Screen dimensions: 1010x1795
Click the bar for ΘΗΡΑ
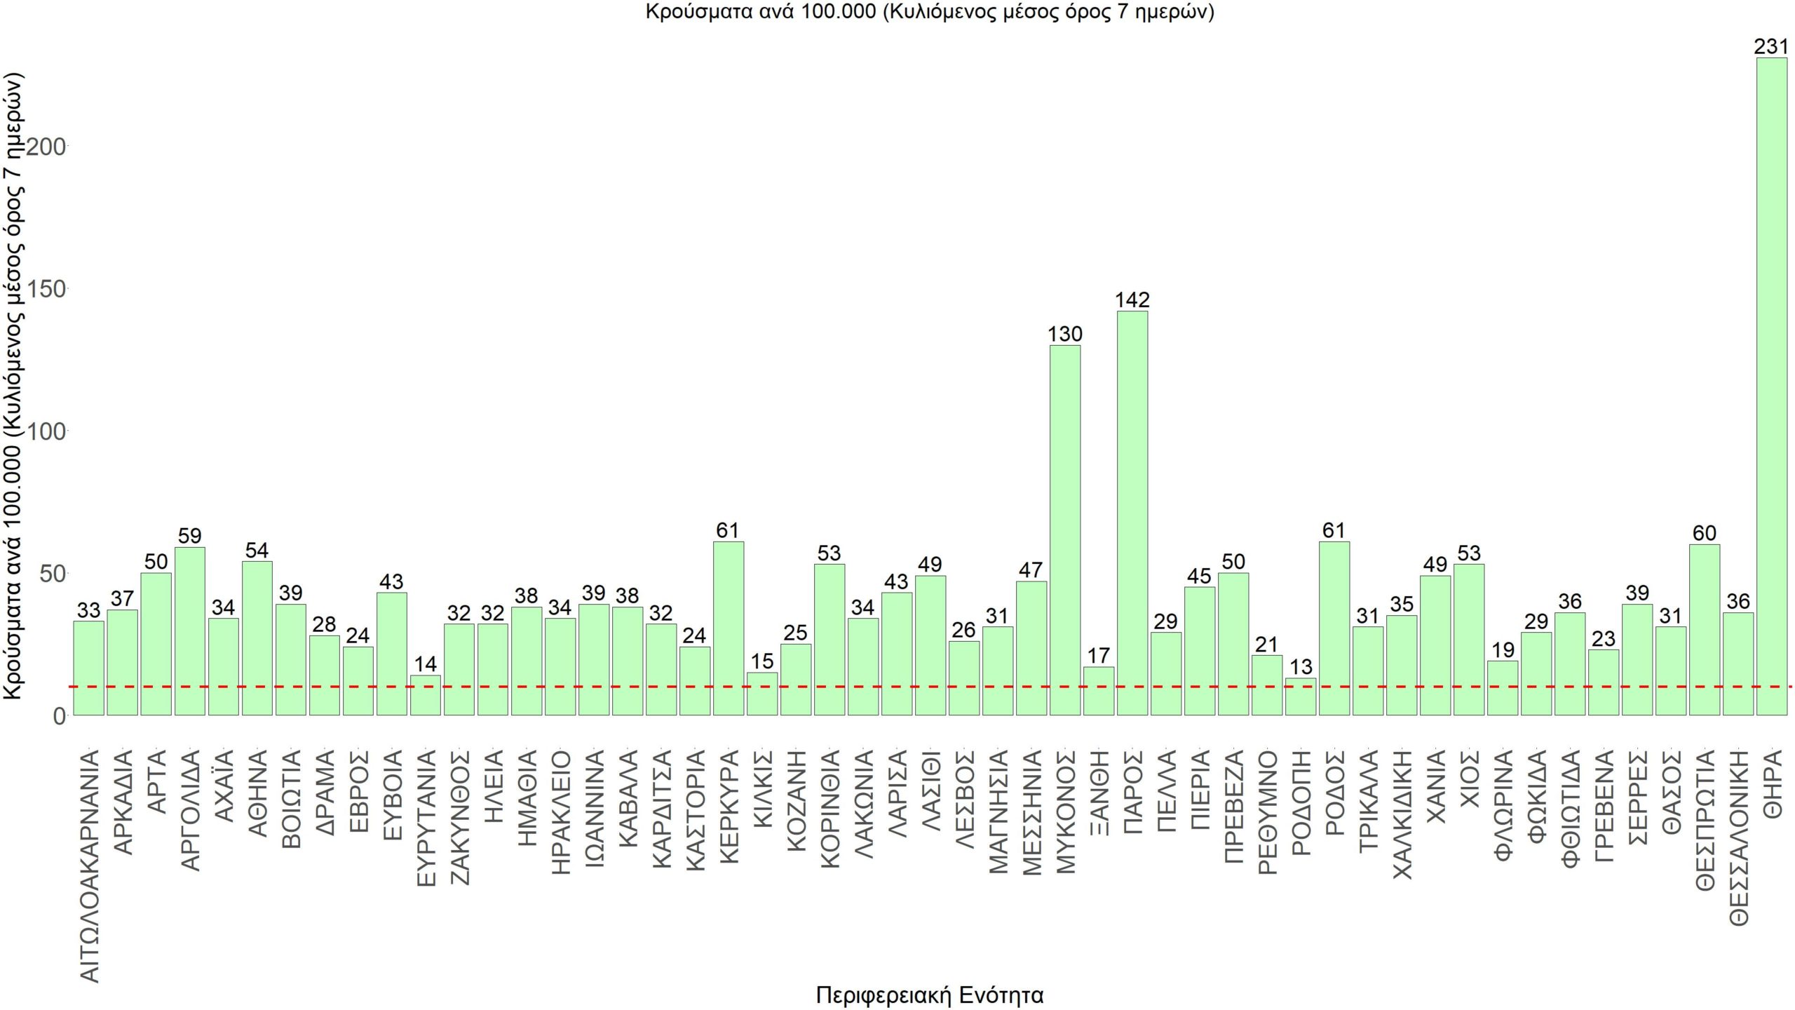pos(1771,386)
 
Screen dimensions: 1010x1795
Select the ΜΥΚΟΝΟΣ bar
pos(1064,530)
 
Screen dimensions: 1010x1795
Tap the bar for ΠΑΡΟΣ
pos(1132,513)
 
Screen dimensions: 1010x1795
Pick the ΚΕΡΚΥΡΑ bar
pos(728,628)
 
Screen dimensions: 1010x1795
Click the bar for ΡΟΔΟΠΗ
pos(1300,696)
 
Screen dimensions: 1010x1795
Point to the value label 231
pos(1771,47)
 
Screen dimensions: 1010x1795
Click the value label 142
pos(1132,300)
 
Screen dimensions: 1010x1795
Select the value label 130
pos(1064,334)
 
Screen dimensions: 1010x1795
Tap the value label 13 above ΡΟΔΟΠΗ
pos(1300,666)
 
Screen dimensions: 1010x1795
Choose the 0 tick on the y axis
pos(59,716)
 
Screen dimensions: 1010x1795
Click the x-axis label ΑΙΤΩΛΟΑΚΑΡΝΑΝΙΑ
pos(89,866)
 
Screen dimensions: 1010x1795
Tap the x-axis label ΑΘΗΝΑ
pos(257,793)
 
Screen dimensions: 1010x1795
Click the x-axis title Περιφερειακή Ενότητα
pos(929,995)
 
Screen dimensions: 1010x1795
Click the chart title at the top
pos(929,12)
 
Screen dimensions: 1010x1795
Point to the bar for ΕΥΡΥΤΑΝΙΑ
pos(425,695)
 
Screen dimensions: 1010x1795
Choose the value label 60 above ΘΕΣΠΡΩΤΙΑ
pos(1704,533)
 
